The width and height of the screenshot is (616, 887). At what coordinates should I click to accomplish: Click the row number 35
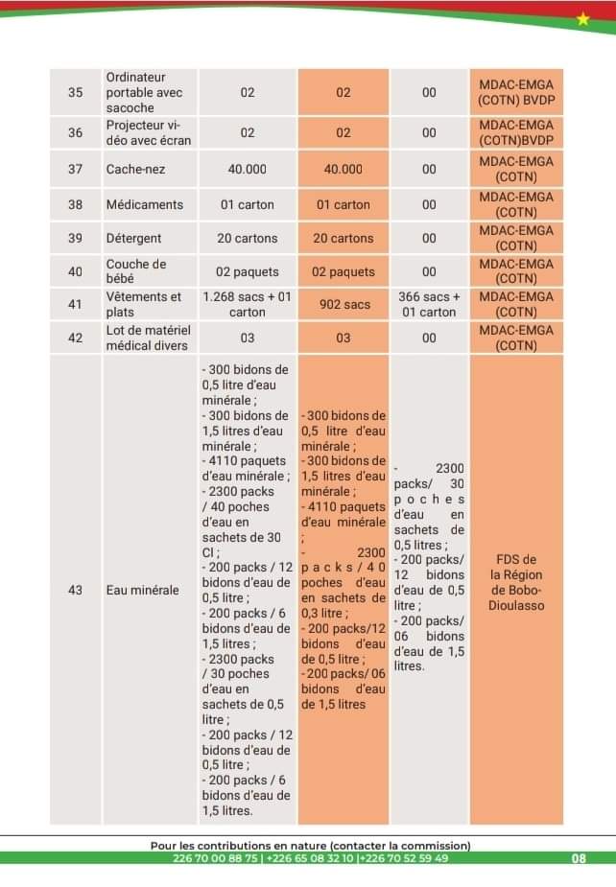[76, 93]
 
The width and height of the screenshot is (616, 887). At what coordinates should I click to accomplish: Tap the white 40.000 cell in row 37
[247, 169]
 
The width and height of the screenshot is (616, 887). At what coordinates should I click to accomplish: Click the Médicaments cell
[145, 204]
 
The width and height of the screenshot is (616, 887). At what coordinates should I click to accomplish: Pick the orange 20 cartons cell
[343, 238]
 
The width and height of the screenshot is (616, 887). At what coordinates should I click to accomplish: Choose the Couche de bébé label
[136, 271]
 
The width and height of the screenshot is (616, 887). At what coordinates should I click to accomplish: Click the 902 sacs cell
[343, 304]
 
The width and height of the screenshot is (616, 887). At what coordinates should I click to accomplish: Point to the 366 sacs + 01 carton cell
[429, 304]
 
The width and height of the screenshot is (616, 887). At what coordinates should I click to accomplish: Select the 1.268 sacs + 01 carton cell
[247, 304]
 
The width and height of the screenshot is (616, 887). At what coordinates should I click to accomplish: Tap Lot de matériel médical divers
[149, 338]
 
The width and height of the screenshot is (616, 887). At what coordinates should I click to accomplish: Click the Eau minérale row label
[142, 590]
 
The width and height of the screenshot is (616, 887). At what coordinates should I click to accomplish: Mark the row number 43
[76, 590]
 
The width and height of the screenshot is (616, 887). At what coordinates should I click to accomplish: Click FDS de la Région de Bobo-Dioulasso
[516, 582]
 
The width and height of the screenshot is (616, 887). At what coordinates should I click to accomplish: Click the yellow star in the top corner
[584, 18]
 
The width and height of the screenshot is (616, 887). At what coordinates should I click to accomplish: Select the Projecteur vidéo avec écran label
[149, 132]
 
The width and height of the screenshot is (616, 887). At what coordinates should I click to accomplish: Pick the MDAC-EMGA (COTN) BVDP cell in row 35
[516, 93]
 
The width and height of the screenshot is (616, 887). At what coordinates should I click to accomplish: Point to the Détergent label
[134, 238]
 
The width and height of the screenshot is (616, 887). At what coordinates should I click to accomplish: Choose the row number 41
[76, 304]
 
